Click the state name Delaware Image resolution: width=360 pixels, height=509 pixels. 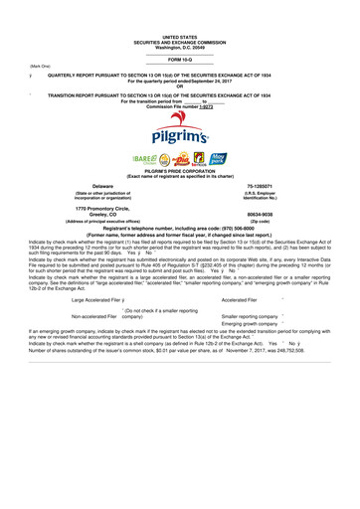click(x=102, y=185)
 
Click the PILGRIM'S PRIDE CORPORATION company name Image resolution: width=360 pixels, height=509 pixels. click(x=179, y=171)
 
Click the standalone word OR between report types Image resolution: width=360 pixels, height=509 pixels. click(x=179, y=86)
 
